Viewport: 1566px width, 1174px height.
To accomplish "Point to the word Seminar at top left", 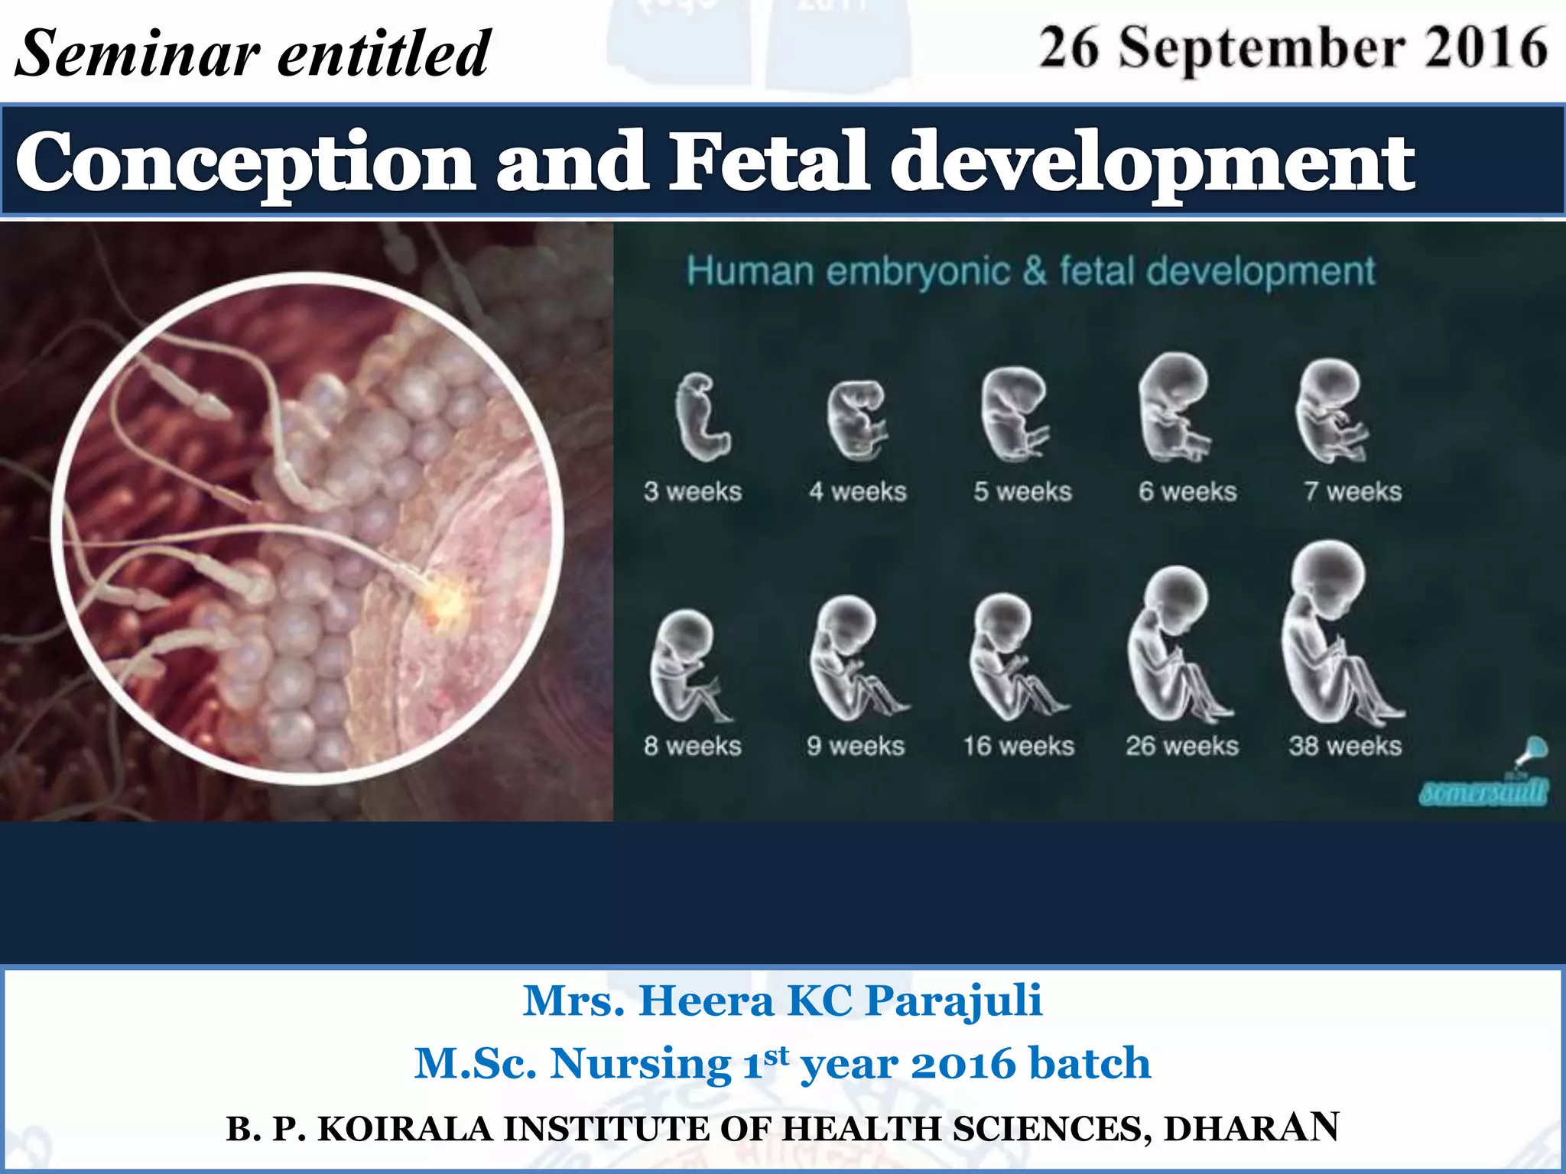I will pos(138,54).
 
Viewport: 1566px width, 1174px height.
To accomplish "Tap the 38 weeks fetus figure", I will pos(1338,634).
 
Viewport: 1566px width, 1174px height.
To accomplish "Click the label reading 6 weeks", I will pos(1187,491).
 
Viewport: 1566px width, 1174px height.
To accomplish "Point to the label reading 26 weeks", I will pos(1182,745).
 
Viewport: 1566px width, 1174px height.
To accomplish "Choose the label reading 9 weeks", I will pos(856,745).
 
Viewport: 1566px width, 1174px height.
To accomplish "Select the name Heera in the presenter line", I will pos(707,1000).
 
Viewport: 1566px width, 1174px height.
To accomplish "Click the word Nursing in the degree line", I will pos(641,1063).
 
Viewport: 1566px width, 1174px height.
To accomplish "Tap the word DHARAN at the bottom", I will pos(1251,1128).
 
